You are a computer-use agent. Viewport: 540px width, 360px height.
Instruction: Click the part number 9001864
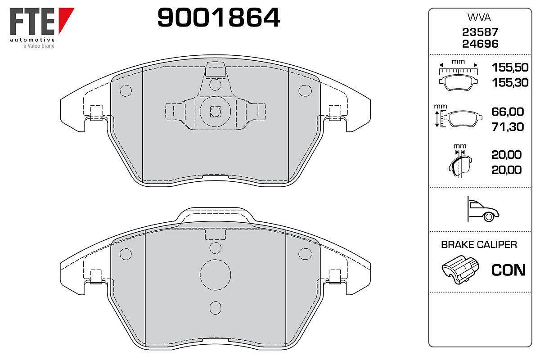218,18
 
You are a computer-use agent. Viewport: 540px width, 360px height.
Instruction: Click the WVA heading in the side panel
479,18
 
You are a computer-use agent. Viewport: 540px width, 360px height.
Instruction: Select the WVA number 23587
480,32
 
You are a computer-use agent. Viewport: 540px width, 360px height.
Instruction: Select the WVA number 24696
480,44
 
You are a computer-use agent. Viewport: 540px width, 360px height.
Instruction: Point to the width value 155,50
510,67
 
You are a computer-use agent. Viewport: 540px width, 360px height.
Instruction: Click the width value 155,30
510,83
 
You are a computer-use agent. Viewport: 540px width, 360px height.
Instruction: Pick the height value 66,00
508,112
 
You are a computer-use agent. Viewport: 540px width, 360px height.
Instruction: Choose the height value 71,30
508,127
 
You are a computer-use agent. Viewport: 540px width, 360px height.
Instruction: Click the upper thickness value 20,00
507,155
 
